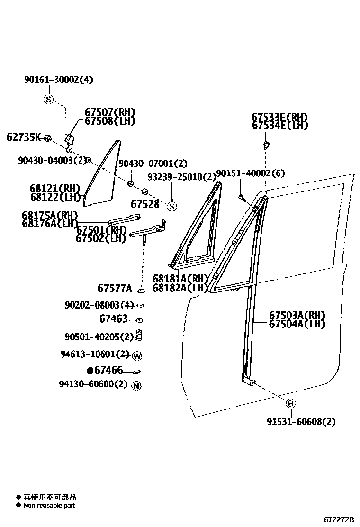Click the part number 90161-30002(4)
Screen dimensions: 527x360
pyautogui.click(x=59, y=80)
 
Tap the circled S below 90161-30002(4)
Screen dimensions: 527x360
pyautogui.click(x=49, y=100)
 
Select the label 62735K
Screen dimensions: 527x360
pyautogui.click(x=24, y=137)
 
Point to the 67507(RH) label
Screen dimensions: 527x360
pyautogui.click(x=110, y=112)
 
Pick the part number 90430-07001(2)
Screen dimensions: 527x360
pyautogui.click(x=153, y=164)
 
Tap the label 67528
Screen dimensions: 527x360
pyautogui.click(x=145, y=204)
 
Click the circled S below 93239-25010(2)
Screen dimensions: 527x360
pyautogui.click(x=172, y=207)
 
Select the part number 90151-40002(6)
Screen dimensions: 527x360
pyautogui.click(x=251, y=173)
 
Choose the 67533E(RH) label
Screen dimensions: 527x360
pyautogui.click(x=279, y=117)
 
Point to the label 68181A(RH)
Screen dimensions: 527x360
pyautogui.click(x=180, y=279)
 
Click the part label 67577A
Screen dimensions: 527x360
pyautogui.click(x=115, y=288)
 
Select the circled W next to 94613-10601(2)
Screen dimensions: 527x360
pyautogui.click(x=137, y=356)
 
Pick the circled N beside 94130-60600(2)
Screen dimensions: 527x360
pyautogui.click(x=136, y=386)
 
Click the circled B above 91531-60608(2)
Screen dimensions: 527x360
pyautogui.click(x=291, y=404)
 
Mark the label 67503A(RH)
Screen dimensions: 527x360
pyautogui.click(x=297, y=315)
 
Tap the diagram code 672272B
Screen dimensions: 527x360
pyautogui.click(x=339, y=520)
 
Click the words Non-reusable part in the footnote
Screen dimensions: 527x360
pyautogui.click(x=49, y=505)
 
